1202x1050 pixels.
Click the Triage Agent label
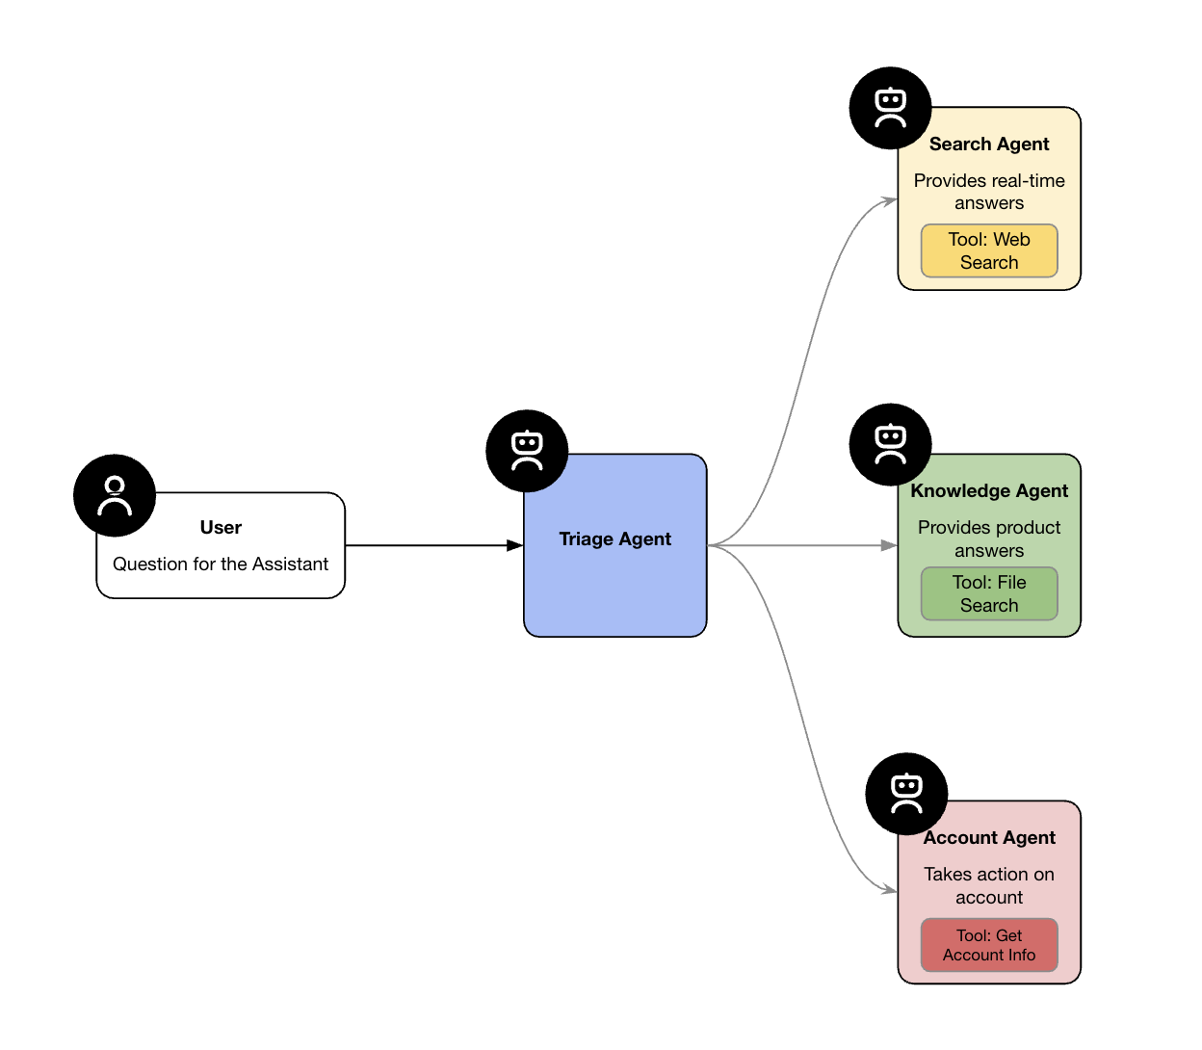point(614,539)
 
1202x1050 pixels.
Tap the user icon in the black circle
point(115,495)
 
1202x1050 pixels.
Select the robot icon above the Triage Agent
point(527,451)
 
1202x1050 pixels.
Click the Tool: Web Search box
point(989,251)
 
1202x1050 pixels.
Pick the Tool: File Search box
point(989,594)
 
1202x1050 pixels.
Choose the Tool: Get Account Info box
point(989,945)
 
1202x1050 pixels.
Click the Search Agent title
point(989,144)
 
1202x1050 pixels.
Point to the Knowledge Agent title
point(989,491)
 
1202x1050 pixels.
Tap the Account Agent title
point(989,838)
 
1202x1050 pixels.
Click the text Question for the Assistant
point(221,564)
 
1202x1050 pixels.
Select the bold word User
point(221,528)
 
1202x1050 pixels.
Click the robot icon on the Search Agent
point(890,108)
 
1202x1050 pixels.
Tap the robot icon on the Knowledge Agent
point(890,444)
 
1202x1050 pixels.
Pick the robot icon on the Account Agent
point(906,794)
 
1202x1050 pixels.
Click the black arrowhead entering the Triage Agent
point(515,545)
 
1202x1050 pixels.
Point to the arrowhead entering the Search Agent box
point(890,200)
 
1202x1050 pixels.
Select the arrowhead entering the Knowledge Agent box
point(889,545)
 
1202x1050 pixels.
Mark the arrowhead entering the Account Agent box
point(890,889)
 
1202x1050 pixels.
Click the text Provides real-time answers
point(989,192)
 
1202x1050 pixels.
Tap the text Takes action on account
point(989,886)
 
